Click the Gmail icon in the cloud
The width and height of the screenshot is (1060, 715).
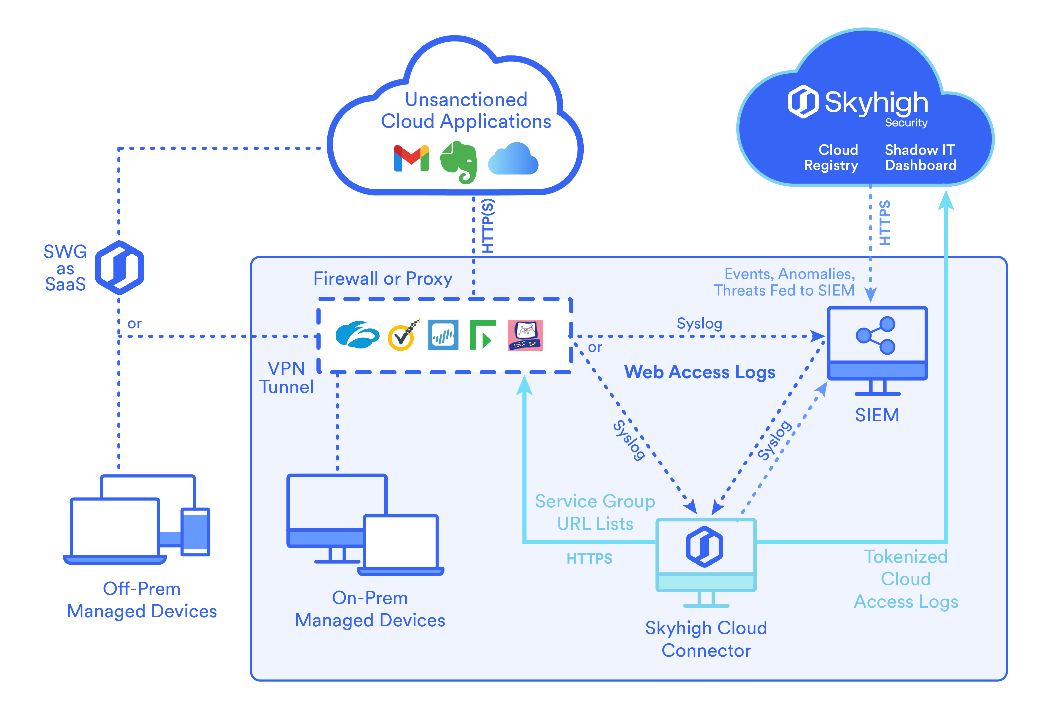pos(411,158)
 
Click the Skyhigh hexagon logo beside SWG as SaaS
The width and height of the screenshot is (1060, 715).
pos(119,268)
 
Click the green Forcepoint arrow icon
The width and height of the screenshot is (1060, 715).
pos(482,335)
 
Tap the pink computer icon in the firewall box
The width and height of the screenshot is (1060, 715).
pos(525,336)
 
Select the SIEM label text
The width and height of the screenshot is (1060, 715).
pos(877,415)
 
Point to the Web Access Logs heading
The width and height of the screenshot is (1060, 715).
pos(699,372)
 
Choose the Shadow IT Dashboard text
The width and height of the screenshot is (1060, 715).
pos(920,157)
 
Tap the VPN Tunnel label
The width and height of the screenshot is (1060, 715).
pos(287,377)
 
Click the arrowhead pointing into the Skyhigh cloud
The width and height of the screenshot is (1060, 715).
pos(946,201)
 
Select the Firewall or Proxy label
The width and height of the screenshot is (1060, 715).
pos(383,279)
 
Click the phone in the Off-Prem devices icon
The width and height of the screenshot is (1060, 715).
pos(195,532)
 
